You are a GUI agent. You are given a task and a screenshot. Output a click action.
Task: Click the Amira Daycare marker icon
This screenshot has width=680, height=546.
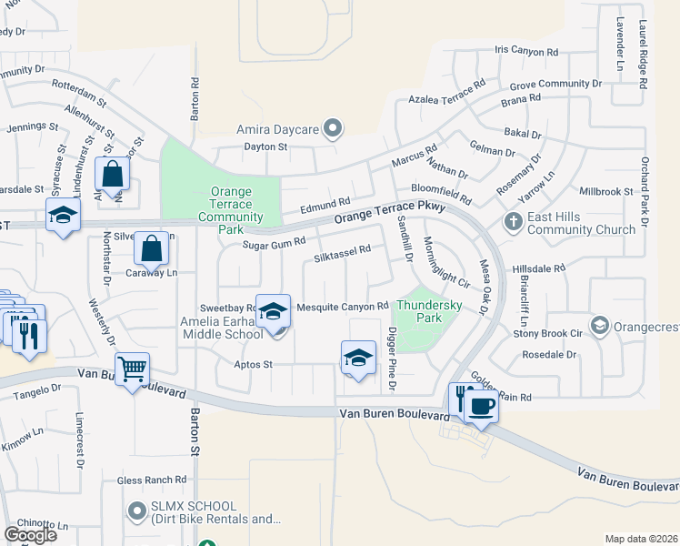pos(333,130)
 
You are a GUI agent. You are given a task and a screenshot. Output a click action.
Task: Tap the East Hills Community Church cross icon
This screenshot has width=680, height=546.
pos(513,221)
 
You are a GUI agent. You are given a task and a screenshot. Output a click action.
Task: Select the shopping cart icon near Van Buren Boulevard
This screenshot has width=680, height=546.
pos(133,369)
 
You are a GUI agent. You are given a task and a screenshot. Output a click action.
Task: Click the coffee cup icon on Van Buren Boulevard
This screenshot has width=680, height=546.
pos(482,405)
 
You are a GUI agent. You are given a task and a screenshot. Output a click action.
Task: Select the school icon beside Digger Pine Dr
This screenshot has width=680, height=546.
pos(358,357)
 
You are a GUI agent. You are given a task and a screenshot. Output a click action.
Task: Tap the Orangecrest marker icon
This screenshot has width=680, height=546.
pos(599,325)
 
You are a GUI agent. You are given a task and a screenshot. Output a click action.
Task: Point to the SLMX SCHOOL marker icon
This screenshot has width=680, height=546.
pos(137,510)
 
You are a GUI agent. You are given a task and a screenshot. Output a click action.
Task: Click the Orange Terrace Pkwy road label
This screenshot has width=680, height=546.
pos(390,214)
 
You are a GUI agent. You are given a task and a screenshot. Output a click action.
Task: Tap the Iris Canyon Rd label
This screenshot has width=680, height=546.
pos(525,50)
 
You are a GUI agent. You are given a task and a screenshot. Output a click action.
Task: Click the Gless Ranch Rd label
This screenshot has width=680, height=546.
pos(152,480)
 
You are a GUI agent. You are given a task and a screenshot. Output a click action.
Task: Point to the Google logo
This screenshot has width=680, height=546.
pos(30,534)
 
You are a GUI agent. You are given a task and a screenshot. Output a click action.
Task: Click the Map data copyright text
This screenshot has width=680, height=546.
pos(640,539)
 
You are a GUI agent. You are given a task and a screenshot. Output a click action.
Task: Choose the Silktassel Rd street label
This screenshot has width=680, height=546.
pos(342,253)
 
